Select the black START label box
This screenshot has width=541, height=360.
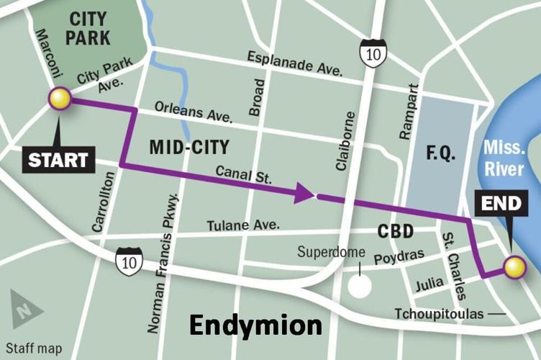coord(59,159)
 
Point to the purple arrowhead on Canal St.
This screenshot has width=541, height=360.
coord(304,193)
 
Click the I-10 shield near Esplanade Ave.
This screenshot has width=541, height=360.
coord(373,53)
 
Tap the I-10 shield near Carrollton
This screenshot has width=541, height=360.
coord(126,261)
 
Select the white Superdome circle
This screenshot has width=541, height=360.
coord(359,285)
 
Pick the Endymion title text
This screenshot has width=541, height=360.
coord(255,325)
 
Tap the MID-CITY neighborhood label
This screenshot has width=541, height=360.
coord(188,148)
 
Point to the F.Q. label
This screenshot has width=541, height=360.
coord(440,155)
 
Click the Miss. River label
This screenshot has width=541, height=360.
coord(504,157)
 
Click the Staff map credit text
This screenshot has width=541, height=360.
coord(34,348)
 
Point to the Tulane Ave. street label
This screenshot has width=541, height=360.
coord(243,225)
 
